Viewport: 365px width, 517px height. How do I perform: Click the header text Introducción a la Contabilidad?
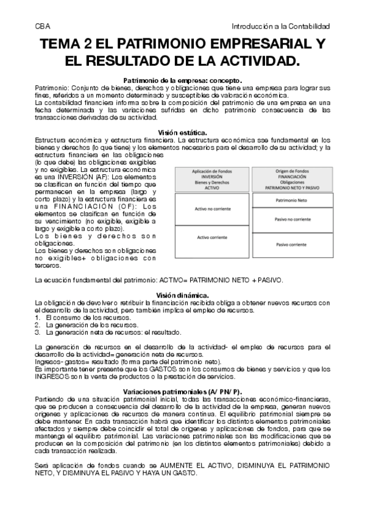(281, 26)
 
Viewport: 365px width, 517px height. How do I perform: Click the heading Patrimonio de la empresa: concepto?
(183, 80)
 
